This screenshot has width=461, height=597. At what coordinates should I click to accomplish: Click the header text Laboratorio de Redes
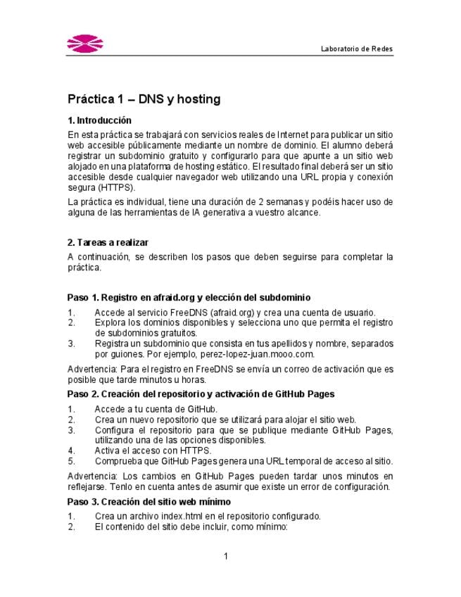coord(356,49)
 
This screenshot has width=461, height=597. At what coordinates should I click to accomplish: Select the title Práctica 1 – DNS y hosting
coord(144,99)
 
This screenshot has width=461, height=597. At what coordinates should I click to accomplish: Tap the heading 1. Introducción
coord(99,120)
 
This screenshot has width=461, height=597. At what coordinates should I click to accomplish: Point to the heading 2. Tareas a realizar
coord(108,243)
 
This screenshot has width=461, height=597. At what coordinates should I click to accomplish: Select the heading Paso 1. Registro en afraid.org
coord(189,298)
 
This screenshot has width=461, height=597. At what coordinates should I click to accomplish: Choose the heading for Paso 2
coord(201,394)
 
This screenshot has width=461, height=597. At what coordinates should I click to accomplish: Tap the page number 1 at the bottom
coord(226,557)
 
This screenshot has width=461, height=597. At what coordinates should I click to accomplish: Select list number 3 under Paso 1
coord(70,344)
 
